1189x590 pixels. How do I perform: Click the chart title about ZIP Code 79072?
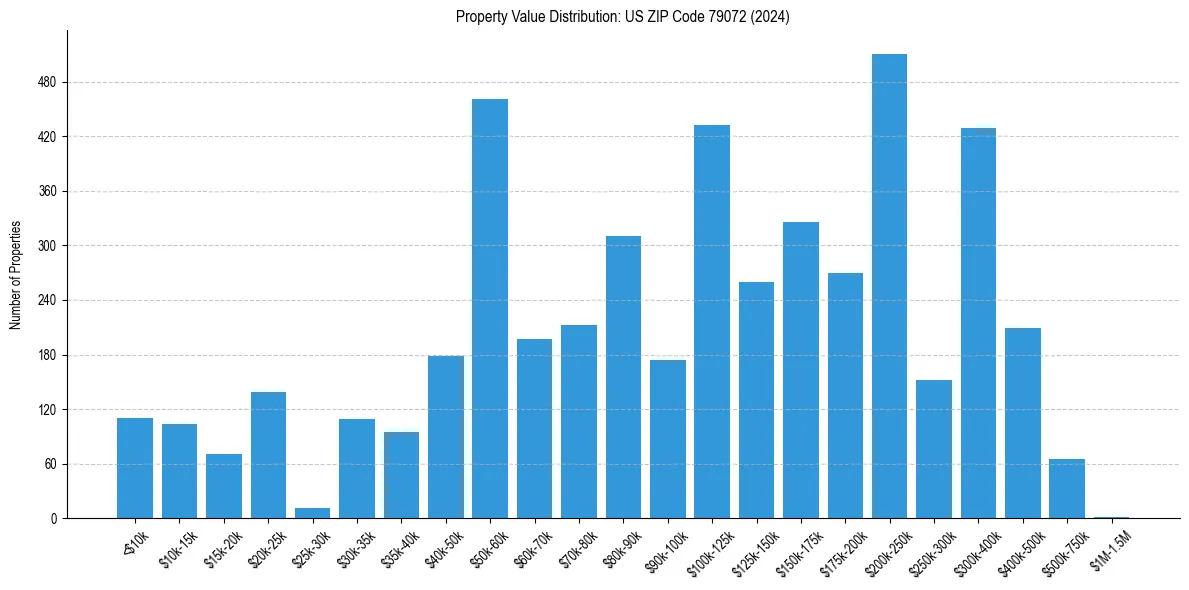(622, 17)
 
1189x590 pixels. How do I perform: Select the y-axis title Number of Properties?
(15, 275)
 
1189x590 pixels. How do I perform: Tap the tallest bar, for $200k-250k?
(889, 286)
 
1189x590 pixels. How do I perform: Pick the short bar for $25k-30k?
(312, 513)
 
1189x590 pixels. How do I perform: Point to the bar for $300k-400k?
(978, 323)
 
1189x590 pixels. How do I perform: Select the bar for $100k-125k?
(712, 321)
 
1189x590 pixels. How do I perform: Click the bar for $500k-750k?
(1067, 489)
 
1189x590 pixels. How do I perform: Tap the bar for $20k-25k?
(268, 455)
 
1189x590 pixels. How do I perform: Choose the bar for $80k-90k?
(623, 377)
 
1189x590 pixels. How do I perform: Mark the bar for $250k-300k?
(934, 449)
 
